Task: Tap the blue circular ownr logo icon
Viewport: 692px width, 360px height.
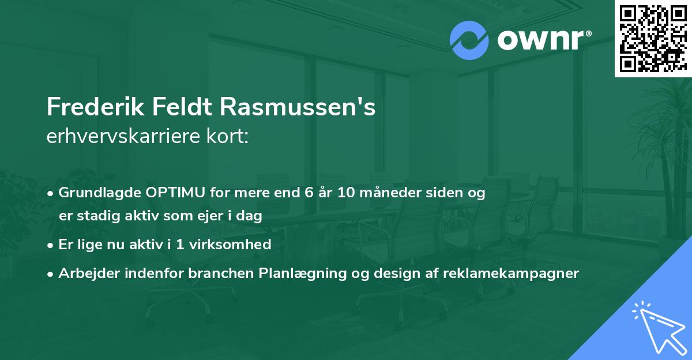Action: [469, 40]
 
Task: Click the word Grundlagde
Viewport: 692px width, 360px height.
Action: [93, 193]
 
